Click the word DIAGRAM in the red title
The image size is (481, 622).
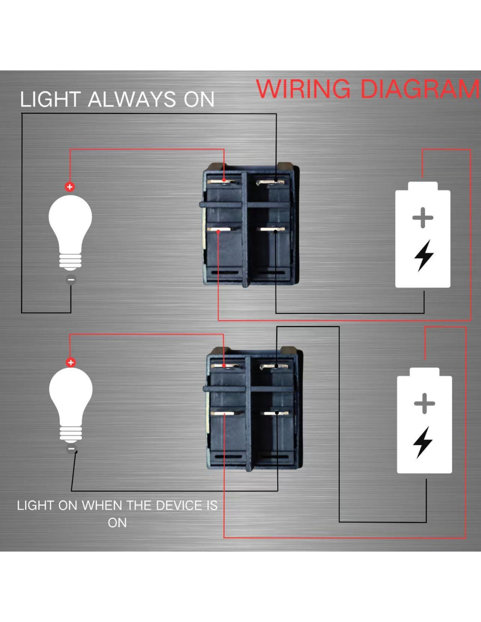point(420,89)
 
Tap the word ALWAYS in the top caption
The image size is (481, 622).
point(132,99)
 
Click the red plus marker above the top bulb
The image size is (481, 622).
point(70,187)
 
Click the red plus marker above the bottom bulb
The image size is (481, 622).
point(70,362)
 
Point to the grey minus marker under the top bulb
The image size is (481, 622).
point(71,280)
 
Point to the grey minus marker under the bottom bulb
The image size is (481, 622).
point(71,449)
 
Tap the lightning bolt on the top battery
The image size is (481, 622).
point(424,255)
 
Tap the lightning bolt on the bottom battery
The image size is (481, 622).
point(423,442)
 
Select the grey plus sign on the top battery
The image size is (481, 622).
point(423,218)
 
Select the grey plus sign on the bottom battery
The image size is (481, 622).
point(424,403)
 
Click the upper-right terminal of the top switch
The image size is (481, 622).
point(272,182)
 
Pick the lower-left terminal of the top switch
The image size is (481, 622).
point(219,229)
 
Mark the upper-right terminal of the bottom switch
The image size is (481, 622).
point(274,366)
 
